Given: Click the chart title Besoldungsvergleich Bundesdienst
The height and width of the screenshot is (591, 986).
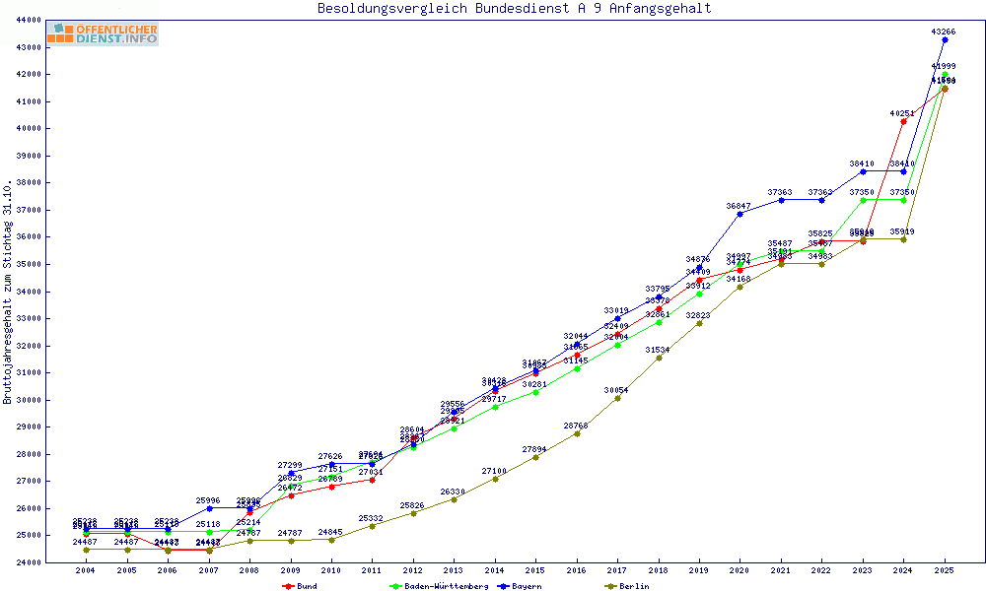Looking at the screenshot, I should [514, 9].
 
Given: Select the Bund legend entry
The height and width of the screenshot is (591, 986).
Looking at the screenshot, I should [301, 586].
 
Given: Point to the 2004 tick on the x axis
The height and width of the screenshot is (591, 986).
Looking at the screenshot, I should [86, 570].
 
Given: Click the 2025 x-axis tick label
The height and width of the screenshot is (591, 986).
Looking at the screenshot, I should [945, 570].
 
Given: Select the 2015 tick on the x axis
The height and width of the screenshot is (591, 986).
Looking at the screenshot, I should [535, 570].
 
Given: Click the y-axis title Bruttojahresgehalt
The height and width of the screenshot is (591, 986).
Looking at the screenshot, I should [8, 292].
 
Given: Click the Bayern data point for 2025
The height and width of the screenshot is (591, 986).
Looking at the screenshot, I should [945, 40].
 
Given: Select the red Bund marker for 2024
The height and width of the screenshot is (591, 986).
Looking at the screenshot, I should [904, 121].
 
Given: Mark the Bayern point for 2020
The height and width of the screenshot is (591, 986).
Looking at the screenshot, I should [740, 214].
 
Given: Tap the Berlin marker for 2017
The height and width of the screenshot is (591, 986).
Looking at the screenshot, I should [617, 398].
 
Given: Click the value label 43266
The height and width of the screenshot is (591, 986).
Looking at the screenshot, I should [944, 32].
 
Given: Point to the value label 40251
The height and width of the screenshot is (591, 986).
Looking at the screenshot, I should [902, 113].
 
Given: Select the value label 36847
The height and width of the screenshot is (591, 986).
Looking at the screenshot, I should [739, 206].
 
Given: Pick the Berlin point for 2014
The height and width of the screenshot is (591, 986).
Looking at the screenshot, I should [495, 479].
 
